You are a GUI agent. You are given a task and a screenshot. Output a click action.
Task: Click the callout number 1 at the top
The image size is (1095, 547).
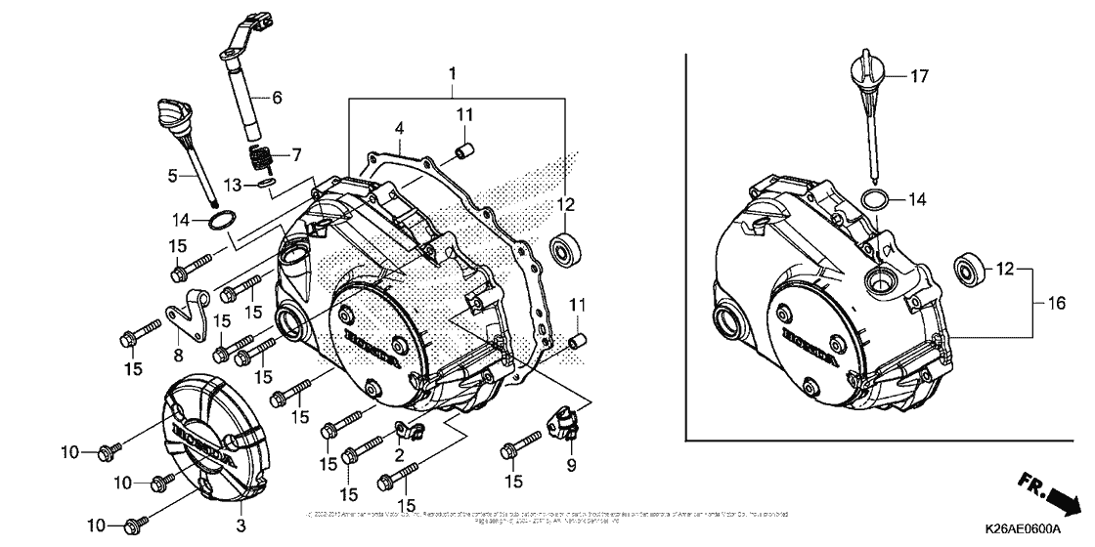(x=453, y=74)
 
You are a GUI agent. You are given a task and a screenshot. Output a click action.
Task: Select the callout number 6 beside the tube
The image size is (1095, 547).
(x=277, y=98)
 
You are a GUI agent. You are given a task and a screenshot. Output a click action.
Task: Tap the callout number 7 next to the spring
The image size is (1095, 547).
(x=297, y=154)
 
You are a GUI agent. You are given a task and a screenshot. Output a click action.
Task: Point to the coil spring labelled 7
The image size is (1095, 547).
(x=261, y=156)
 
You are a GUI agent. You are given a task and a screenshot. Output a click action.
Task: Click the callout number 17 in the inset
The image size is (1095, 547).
(x=919, y=75)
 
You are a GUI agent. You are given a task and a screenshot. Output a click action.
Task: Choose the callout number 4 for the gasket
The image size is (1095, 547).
(x=399, y=128)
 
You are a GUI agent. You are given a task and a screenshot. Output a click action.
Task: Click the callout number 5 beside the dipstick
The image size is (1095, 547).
(x=174, y=177)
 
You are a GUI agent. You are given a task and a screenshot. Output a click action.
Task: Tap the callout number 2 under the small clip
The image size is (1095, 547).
(x=399, y=455)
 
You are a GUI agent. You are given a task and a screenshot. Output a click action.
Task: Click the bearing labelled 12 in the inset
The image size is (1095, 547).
(x=970, y=268)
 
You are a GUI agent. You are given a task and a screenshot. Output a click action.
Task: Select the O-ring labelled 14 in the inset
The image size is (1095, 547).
(x=875, y=199)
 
